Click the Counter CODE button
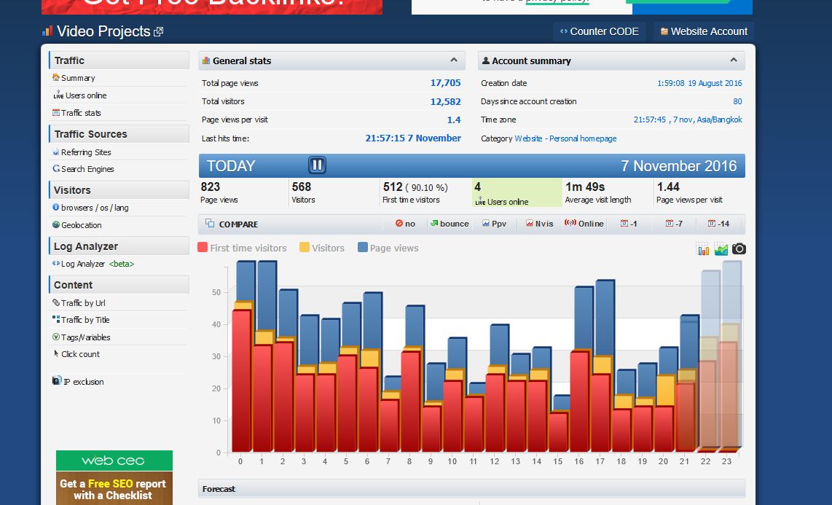tap(599, 31)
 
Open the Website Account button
tap(703, 31)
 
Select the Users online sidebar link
tap(86, 95)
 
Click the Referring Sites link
tap(86, 152)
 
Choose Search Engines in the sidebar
tap(87, 169)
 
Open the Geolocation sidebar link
tap(81, 225)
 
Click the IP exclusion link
tap(83, 382)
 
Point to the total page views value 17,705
tap(445, 83)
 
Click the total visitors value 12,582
tap(445, 101)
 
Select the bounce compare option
tap(450, 224)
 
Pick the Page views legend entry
tap(393, 248)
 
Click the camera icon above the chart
tap(739, 249)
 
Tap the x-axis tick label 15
tap(557, 461)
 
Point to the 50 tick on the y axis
tap(216, 292)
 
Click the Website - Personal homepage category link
tap(565, 138)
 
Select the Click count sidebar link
tap(80, 354)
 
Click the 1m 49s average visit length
tap(584, 187)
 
